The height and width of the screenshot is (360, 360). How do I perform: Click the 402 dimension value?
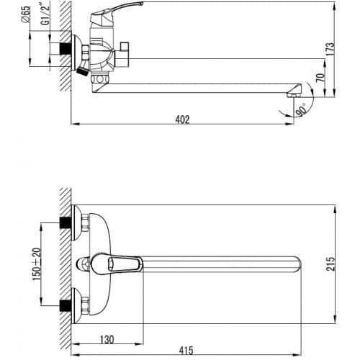[x=182, y=120]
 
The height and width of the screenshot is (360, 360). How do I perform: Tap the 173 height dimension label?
[x=330, y=50]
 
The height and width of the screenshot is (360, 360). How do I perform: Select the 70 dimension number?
[x=320, y=78]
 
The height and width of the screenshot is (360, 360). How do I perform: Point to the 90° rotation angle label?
[x=301, y=109]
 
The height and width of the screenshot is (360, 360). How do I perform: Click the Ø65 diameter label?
[x=26, y=14]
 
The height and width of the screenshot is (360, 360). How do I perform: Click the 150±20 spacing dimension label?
[x=37, y=264]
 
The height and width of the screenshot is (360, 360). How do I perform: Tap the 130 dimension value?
[x=107, y=340]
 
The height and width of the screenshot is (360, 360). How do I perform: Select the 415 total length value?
[x=186, y=351]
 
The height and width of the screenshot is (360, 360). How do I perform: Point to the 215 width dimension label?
[x=330, y=264]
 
